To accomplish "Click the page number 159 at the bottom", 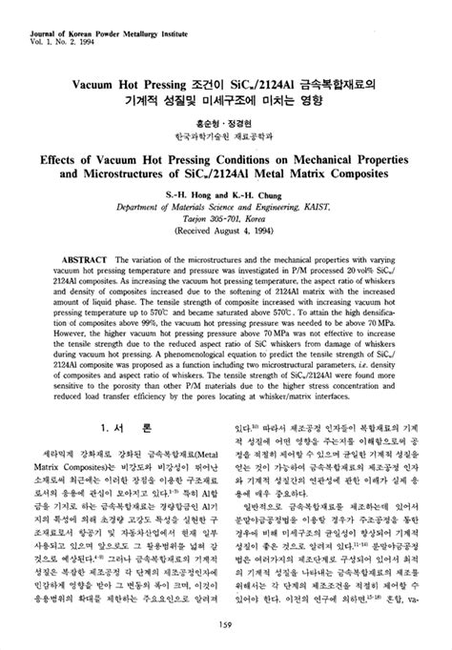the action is point(226,624).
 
